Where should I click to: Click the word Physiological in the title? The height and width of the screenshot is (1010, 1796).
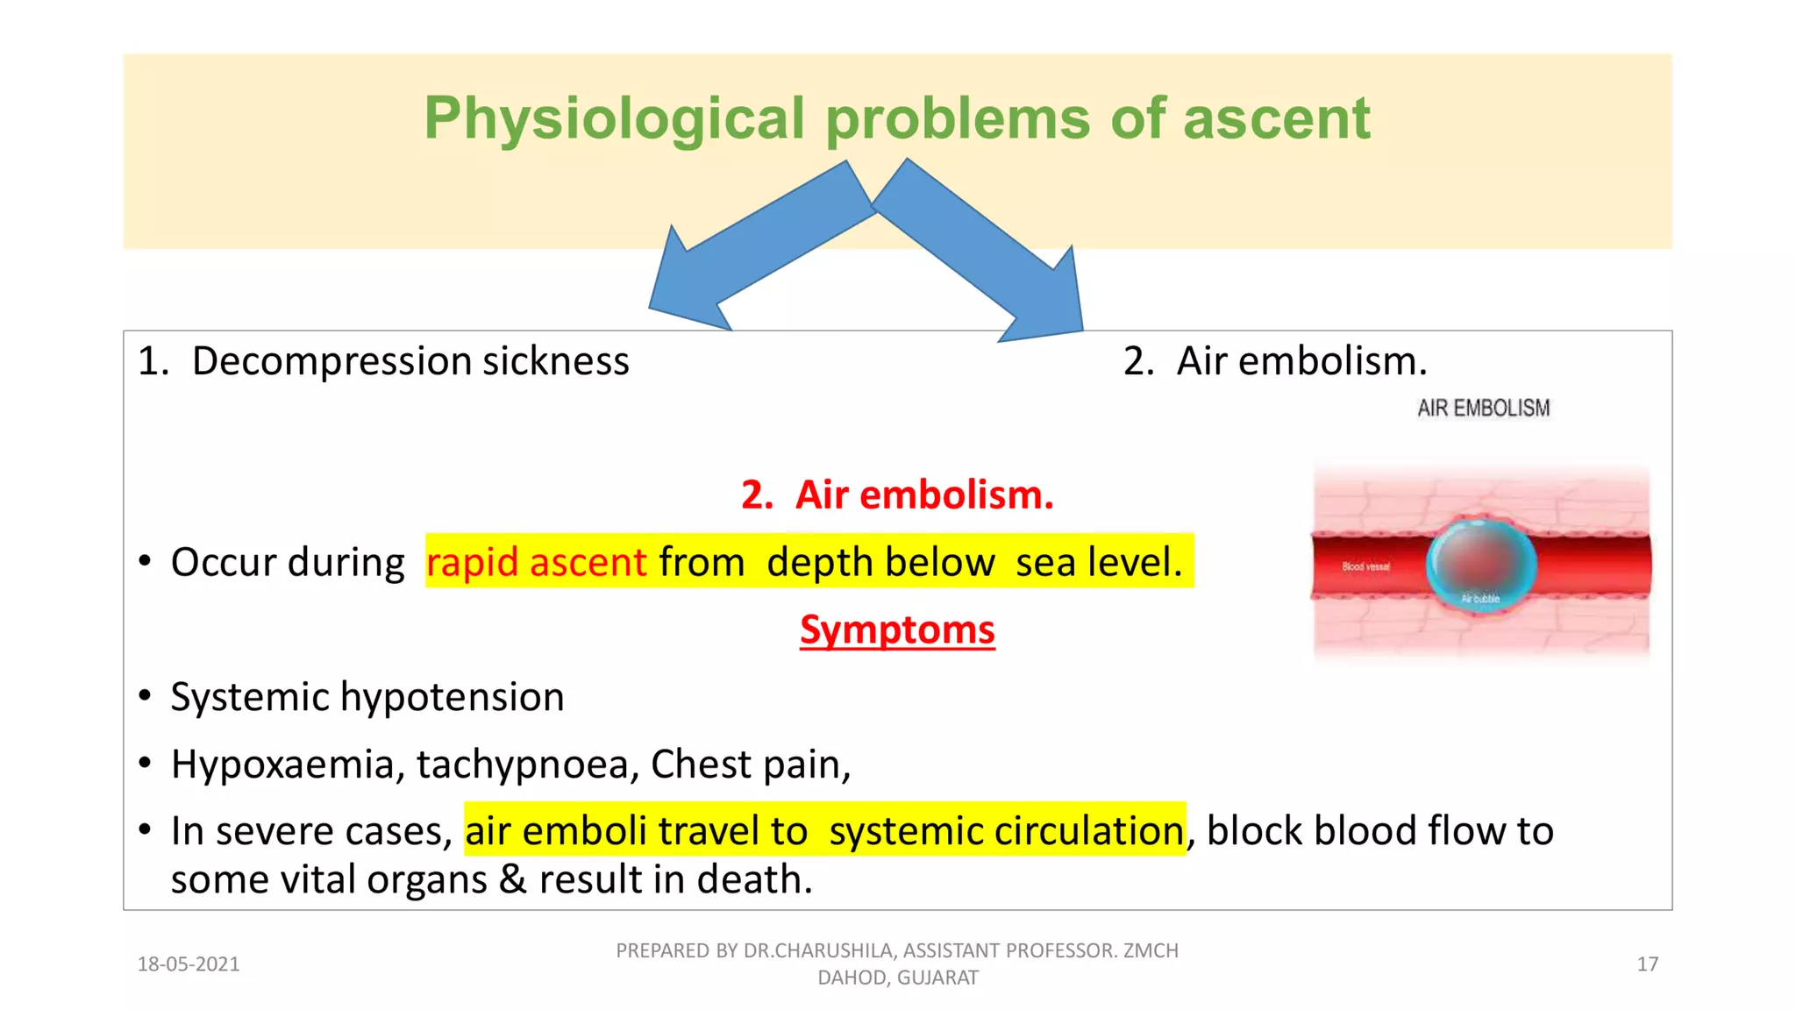[614, 118]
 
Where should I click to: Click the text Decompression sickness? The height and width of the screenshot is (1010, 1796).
[410, 361]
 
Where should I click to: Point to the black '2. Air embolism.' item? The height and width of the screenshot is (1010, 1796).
[1275, 361]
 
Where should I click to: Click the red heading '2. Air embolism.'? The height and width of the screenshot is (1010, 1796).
[897, 495]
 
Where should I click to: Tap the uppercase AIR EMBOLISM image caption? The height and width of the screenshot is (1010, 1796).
[1483, 409]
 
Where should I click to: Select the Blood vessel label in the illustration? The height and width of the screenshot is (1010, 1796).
[1365, 567]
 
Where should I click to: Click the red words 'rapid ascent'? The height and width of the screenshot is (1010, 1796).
[536, 562]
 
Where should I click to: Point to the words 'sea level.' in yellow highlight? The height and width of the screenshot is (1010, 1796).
[1099, 562]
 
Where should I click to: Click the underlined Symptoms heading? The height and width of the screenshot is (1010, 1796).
[897, 629]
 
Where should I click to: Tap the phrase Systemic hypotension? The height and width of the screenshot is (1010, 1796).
[367, 697]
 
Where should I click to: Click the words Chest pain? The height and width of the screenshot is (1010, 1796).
[750, 764]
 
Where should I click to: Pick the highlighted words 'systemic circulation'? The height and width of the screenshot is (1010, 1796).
[1006, 831]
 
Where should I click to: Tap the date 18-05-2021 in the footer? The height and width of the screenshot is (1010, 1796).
[189, 964]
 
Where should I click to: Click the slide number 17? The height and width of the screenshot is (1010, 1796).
[1647, 964]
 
